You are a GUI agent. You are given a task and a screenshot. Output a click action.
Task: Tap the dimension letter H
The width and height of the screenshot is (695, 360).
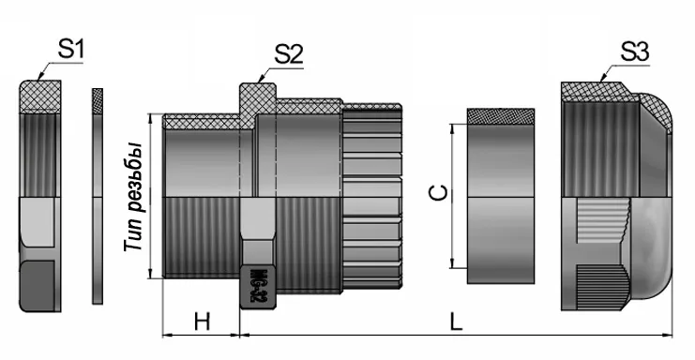click(201, 322)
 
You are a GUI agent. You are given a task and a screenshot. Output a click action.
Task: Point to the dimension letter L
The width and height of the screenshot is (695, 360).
click(456, 322)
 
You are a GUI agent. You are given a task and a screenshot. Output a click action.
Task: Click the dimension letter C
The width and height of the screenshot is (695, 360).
click(437, 194)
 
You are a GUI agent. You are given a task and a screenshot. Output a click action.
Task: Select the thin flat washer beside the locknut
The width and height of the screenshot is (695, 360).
click(97, 197)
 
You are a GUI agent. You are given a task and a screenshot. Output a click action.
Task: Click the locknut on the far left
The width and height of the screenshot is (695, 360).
click(40, 197)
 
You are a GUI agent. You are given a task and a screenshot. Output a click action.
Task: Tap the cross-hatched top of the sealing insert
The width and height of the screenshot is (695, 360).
click(501, 117)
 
